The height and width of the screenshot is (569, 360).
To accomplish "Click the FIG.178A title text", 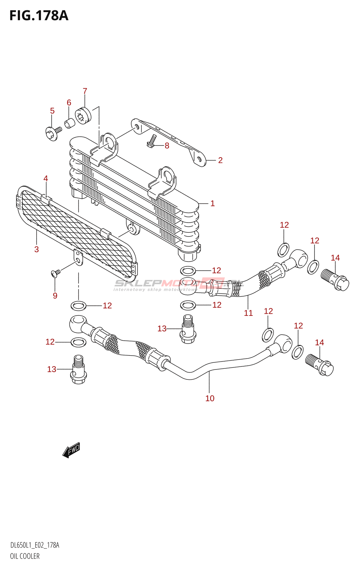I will click(x=39, y=16).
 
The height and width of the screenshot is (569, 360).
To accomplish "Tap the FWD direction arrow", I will click(x=72, y=450).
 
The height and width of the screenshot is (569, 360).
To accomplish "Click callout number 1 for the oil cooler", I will click(x=212, y=203).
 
